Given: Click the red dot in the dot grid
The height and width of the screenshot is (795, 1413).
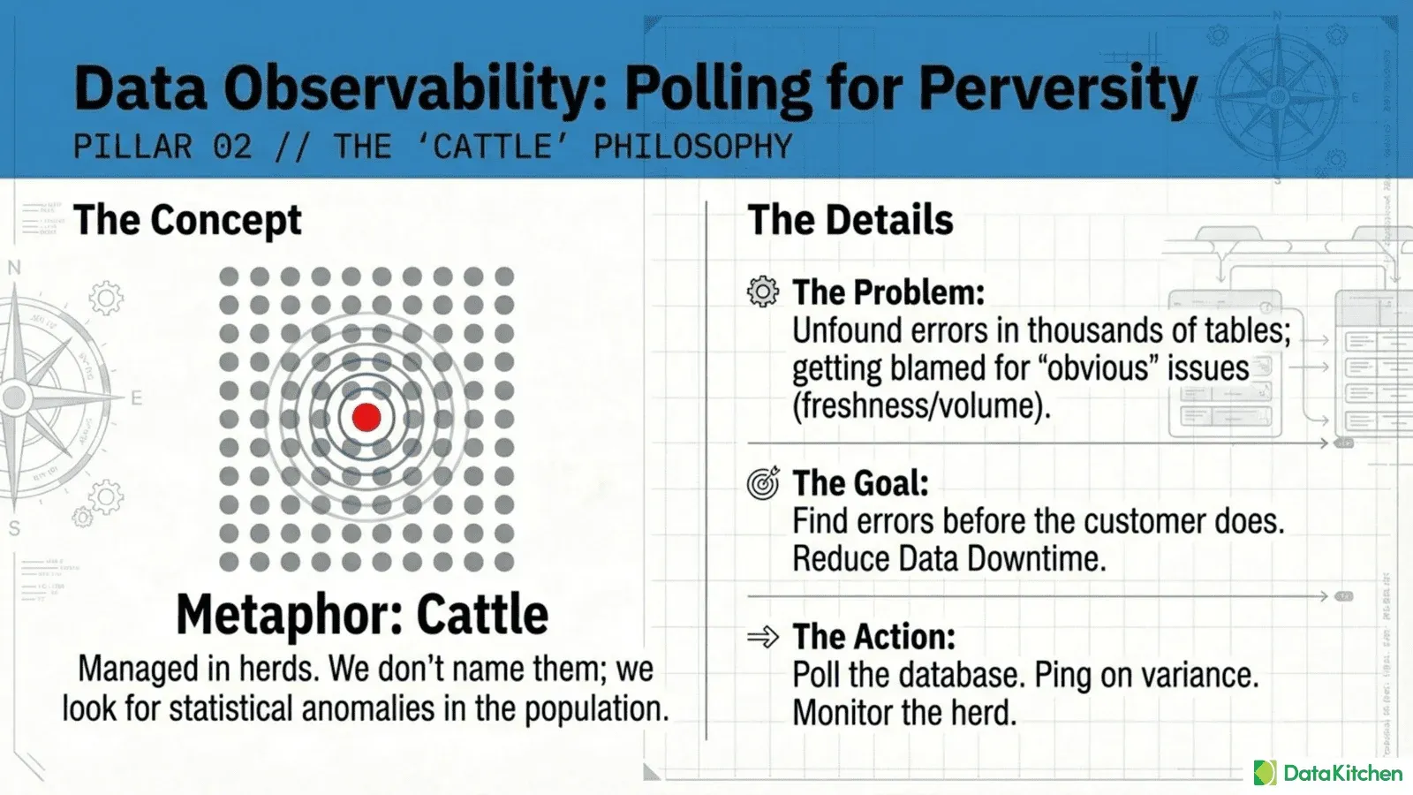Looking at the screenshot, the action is (366, 417).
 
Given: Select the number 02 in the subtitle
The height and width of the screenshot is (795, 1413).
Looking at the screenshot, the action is (233, 147).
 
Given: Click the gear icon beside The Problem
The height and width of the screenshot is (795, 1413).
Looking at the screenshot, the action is (763, 291).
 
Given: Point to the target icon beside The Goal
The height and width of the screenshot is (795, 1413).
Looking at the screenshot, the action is (763, 483).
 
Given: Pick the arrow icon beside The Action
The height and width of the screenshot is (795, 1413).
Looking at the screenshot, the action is (763, 637).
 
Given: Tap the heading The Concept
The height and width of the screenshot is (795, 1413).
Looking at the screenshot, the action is (187, 220).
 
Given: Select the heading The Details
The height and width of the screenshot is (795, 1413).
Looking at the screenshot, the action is (850, 220).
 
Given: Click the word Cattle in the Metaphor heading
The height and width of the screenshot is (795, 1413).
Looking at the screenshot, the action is (482, 614).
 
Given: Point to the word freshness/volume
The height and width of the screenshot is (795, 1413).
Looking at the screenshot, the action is (921, 405).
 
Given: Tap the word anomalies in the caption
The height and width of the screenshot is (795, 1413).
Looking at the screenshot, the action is (367, 708).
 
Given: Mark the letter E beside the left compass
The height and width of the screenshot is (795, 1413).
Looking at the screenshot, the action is (136, 398).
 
